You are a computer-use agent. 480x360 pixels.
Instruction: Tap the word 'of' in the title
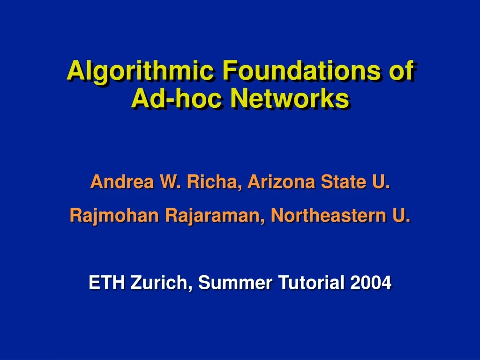tap(403, 71)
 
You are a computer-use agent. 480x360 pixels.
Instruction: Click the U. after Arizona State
tap(381, 182)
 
